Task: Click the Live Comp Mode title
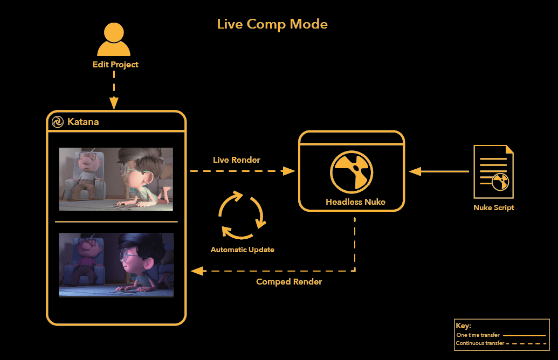(272, 24)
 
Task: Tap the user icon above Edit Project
(114, 39)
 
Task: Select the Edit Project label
(115, 65)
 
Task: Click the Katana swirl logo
(58, 122)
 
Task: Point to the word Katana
(83, 122)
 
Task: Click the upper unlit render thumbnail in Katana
(116, 179)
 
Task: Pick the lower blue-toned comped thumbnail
(116, 265)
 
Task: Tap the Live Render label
(236, 160)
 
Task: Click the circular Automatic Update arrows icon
(242, 215)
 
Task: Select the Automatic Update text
(243, 250)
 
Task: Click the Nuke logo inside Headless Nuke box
(352, 172)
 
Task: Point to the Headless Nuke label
(355, 202)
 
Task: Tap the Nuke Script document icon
(494, 171)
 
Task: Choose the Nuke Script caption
(494, 207)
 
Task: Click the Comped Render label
(289, 282)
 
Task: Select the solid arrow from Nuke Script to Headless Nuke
(439, 171)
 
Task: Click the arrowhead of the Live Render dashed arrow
(288, 171)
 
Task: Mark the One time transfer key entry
(501, 335)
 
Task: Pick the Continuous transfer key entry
(501, 343)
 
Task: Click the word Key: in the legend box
(463, 326)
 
